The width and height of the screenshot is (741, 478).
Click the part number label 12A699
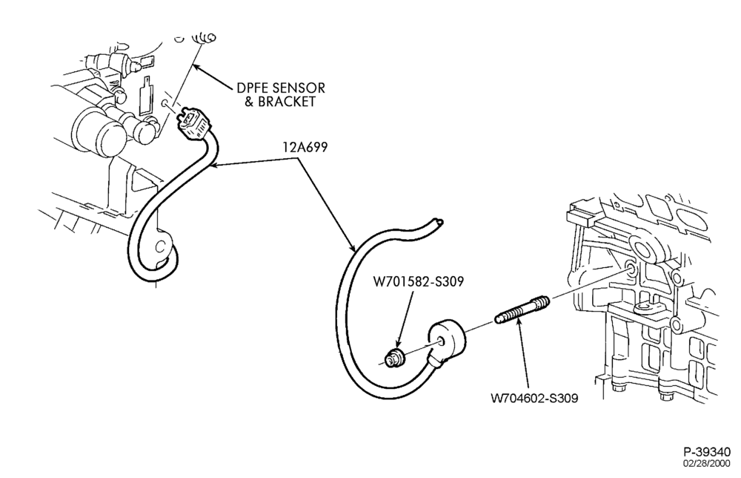[x=305, y=148]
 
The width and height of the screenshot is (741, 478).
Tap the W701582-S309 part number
[x=418, y=281]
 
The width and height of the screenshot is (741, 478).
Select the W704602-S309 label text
[x=534, y=398]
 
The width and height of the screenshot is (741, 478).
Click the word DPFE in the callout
[x=250, y=88]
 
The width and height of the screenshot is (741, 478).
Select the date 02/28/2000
[x=706, y=463]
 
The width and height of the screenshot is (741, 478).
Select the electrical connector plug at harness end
[x=193, y=124]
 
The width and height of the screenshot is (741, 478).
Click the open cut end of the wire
[x=439, y=221]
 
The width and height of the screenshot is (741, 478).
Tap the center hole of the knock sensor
[x=441, y=341]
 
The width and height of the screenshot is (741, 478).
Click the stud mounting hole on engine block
[x=632, y=269]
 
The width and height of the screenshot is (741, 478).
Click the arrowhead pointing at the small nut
[x=399, y=344]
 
